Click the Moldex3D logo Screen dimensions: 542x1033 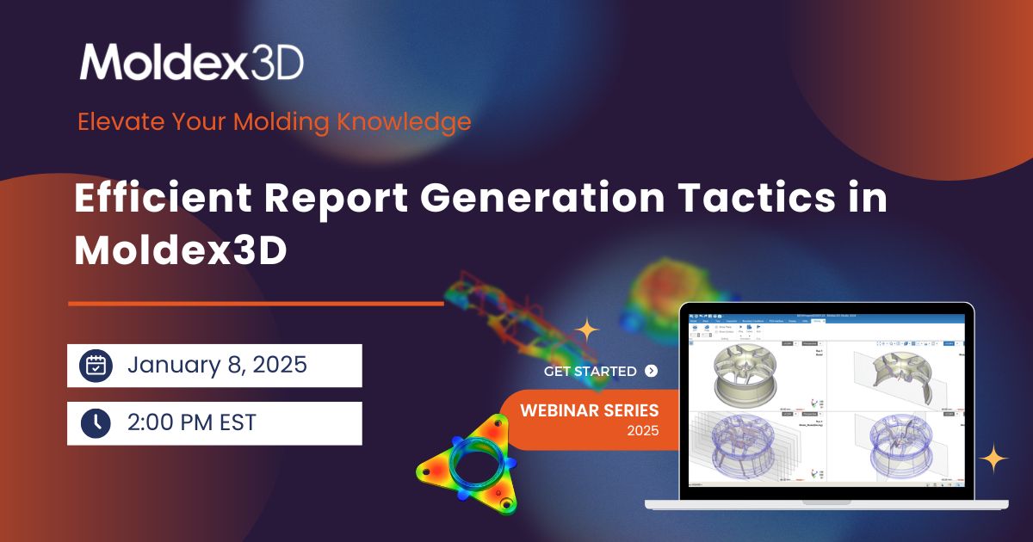(191, 61)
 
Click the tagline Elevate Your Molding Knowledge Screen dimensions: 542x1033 (274, 121)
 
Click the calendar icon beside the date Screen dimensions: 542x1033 (96, 366)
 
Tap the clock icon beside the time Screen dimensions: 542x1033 (96, 422)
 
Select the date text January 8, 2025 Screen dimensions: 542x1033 (217, 365)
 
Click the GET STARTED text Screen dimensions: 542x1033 (591, 372)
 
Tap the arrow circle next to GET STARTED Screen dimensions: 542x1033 (651, 372)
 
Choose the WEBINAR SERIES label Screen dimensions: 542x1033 (589, 410)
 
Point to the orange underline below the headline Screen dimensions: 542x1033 (256, 303)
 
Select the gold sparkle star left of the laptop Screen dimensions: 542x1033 (587, 330)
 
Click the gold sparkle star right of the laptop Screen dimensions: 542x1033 (993, 459)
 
